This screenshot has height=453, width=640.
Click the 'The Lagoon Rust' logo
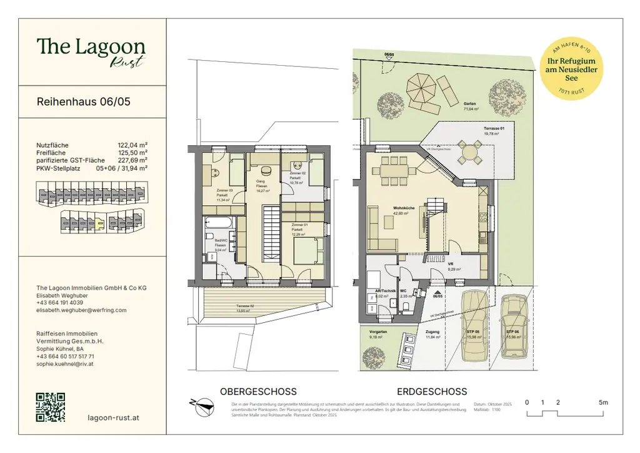point(91,51)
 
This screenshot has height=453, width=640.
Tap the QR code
point(51,407)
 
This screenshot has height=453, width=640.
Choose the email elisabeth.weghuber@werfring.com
point(81,310)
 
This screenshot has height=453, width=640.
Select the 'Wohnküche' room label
point(401,208)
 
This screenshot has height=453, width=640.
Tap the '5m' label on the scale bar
point(602,402)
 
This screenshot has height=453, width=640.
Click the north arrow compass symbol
point(201,406)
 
